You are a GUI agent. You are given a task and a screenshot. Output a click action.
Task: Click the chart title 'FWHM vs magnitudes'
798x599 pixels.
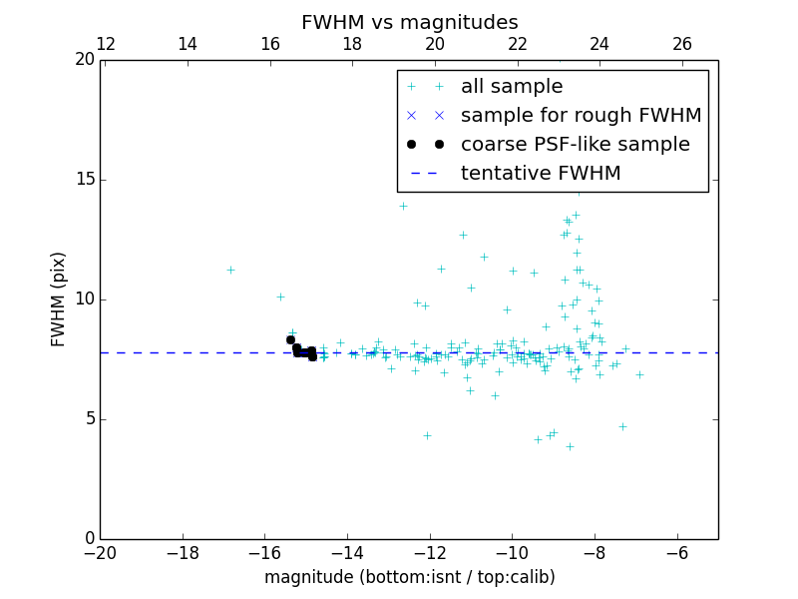(409, 22)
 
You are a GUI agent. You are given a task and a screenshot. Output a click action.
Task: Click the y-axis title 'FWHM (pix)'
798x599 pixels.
(59, 299)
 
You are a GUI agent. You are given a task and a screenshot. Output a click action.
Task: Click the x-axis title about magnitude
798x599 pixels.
(409, 577)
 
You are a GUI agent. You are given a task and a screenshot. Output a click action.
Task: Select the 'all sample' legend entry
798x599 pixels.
(512, 87)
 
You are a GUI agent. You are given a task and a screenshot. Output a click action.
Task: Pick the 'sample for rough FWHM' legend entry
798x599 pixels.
(581, 116)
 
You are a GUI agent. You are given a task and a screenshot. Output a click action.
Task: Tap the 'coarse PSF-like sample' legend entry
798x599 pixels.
(575, 145)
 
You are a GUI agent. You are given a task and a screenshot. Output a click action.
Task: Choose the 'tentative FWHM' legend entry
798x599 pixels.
(541, 174)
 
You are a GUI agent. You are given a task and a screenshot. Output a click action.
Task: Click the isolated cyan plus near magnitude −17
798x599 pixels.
(230, 270)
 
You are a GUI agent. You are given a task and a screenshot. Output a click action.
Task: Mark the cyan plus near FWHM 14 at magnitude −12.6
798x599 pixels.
(403, 206)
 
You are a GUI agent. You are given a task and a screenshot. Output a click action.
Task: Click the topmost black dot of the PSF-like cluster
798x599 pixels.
(290, 339)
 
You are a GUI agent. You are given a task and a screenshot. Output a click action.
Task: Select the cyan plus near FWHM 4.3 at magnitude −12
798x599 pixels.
(427, 435)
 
